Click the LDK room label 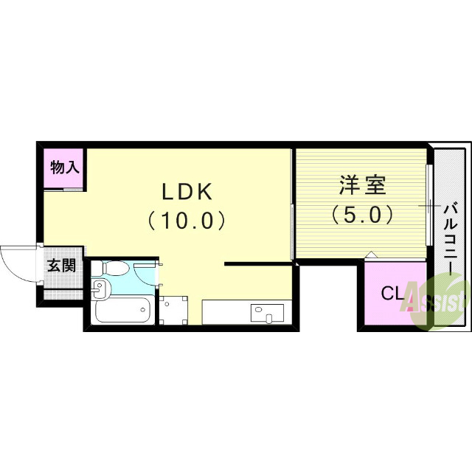pos(187,191)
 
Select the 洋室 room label pos(362,184)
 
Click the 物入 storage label pos(64,167)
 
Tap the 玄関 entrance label pos(61,266)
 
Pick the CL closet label pos(392,293)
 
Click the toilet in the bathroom pos(114,268)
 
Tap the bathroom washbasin pos(101,289)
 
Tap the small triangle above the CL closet pos(371,255)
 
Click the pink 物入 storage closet pos(65,168)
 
